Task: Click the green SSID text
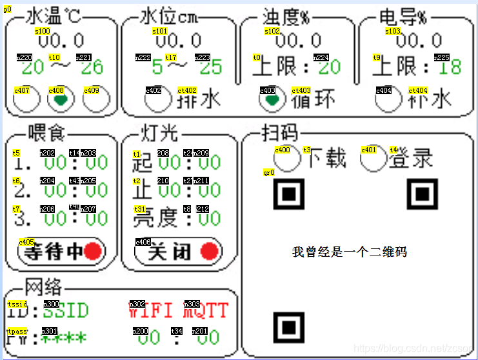click(x=65, y=311)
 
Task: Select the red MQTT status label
click(x=205, y=311)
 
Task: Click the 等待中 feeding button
click(x=61, y=252)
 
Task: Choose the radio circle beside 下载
click(x=288, y=159)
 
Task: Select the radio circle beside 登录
click(x=373, y=159)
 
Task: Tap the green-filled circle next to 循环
click(x=272, y=99)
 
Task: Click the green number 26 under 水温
click(x=92, y=67)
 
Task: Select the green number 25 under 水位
click(x=210, y=67)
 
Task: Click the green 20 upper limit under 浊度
click(x=329, y=67)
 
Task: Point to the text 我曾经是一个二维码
click(x=349, y=252)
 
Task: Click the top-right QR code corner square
click(x=422, y=194)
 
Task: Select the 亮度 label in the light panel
click(x=155, y=218)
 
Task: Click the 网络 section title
click(x=44, y=286)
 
